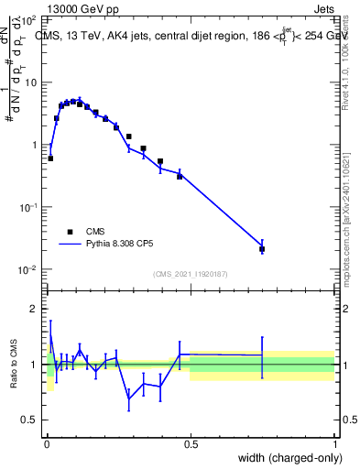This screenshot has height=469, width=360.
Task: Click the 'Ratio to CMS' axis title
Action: point(15,364)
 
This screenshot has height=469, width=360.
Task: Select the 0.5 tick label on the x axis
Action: point(191,443)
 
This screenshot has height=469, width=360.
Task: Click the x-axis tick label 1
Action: point(334,443)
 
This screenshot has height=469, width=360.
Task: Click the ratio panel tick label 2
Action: point(35,309)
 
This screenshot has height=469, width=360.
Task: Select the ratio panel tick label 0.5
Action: point(30,420)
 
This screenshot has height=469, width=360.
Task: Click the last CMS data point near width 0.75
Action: point(262,249)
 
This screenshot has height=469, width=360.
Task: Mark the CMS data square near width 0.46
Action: point(180,175)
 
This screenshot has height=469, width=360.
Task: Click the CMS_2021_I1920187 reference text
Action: point(190,274)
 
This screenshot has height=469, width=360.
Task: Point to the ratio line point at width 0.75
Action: point(262,355)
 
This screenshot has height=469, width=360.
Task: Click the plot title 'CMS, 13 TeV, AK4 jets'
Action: point(101,38)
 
